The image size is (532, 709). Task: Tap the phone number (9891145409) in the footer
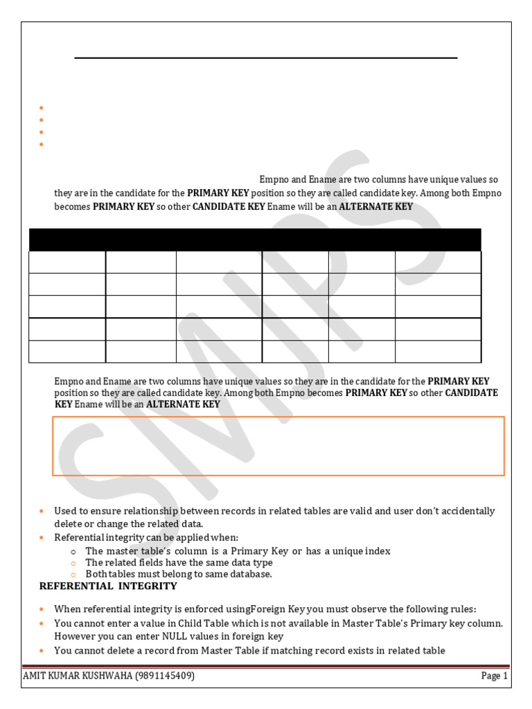pos(165,676)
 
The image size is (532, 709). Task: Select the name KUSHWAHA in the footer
pos(109,676)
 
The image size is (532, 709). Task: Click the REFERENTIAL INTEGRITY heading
pos(108,586)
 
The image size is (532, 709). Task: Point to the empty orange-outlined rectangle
pos(278,447)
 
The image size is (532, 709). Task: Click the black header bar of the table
pos(255,240)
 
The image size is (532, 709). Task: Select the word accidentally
pos(466,511)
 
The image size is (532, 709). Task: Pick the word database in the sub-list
pos(249,574)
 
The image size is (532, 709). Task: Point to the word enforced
pos(203,609)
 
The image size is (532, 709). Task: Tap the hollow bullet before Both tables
pos(73,575)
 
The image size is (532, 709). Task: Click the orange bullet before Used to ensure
pos(42,512)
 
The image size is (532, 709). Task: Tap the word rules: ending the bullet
pos(463,609)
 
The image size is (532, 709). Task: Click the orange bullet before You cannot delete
pos(42,651)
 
